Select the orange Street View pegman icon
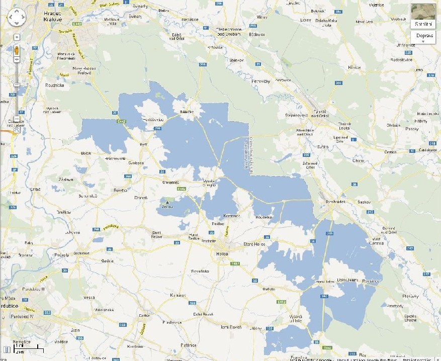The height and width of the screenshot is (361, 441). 17,50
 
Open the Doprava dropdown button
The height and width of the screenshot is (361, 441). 423,38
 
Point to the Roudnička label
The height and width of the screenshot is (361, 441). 54,85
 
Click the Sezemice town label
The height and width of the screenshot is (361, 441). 81,253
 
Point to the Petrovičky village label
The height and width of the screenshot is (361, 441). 261,81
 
